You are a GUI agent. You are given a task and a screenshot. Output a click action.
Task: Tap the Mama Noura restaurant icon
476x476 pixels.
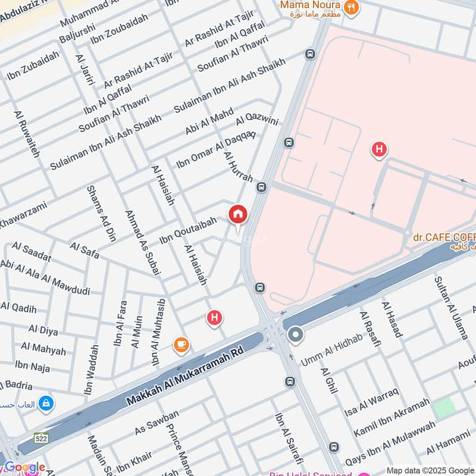click(x=352, y=8)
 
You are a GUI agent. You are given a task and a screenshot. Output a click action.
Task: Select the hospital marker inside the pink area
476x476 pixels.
click(x=378, y=149)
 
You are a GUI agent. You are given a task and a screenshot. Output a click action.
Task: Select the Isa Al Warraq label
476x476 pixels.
click(x=371, y=402)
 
